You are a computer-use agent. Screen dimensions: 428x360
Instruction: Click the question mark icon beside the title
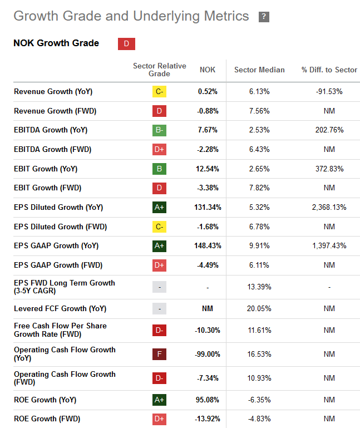click(x=264, y=17)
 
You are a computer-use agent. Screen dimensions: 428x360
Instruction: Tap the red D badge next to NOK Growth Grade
click(x=126, y=44)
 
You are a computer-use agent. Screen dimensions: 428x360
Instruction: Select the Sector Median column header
click(x=259, y=70)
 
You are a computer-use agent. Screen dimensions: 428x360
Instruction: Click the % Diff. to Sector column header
click(x=329, y=70)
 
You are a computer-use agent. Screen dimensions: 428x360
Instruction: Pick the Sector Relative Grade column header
click(x=159, y=70)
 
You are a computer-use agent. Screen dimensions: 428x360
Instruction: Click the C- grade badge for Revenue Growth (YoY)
click(x=159, y=92)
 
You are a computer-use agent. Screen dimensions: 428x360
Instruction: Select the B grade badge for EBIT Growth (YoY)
click(x=159, y=169)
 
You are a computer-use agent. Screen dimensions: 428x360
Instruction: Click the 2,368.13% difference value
click(x=329, y=207)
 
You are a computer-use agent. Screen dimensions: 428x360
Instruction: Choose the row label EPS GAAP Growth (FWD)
click(x=58, y=265)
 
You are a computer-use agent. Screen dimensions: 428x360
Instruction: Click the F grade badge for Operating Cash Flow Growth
click(x=159, y=354)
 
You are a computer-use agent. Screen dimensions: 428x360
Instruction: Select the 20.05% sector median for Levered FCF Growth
click(x=259, y=308)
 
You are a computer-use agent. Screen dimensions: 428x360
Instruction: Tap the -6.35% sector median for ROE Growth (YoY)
click(x=259, y=400)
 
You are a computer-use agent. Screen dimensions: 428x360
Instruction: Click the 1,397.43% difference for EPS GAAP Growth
click(x=329, y=245)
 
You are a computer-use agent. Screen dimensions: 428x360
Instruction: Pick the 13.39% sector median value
click(x=259, y=287)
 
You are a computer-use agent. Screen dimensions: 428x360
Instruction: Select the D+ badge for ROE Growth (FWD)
click(x=159, y=419)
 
